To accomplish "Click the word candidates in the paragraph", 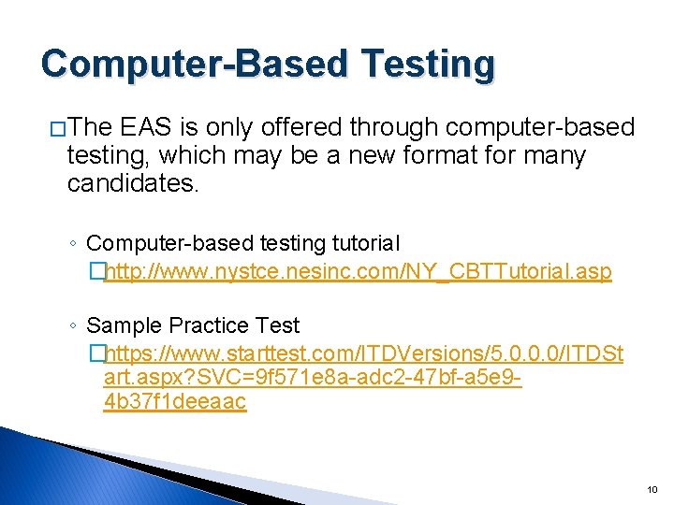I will [x=132, y=183].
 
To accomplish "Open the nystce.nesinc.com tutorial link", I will [x=358, y=272].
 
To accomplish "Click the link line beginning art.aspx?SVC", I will [x=314, y=378].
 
